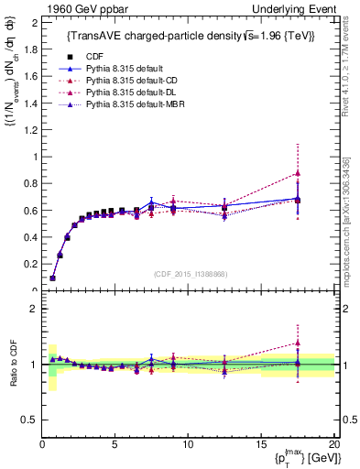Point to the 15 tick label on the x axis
point(260,443)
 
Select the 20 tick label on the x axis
point(333,443)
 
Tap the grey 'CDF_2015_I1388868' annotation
point(188,273)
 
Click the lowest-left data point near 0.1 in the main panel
point(53,278)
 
